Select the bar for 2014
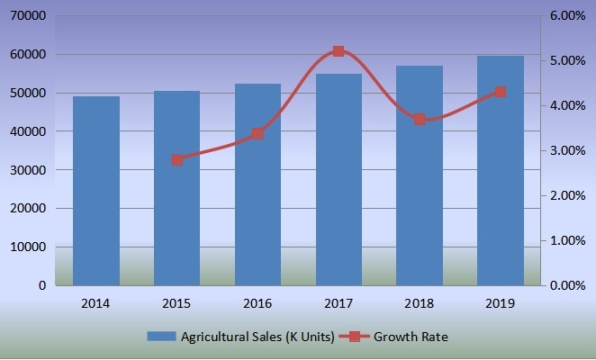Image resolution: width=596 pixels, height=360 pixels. [96, 191]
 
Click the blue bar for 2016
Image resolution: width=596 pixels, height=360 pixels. [257, 184]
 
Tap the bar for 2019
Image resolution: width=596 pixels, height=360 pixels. [501, 171]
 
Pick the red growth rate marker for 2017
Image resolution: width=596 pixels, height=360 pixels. [339, 51]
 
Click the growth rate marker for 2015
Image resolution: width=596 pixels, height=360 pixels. [177, 160]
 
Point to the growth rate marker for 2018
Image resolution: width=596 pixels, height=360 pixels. [420, 119]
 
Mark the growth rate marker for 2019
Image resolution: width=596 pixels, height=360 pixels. [501, 92]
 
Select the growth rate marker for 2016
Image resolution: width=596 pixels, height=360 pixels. [257, 133]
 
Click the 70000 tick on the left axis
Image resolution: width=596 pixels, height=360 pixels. [28, 16]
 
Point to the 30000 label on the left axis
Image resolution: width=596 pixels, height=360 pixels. [28, 170]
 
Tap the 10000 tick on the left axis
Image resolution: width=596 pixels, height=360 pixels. [28, 247]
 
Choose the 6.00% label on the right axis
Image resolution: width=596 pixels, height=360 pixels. [568, 16]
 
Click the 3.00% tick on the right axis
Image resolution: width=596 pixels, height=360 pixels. [568, 150]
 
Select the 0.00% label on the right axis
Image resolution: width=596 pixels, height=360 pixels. [568, 285]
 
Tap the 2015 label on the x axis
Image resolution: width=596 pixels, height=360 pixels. [177, 304]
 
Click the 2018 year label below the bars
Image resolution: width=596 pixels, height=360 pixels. [420, 304]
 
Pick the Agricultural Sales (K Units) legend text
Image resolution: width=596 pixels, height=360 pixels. [257, 337]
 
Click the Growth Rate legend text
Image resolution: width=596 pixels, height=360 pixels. [411, 337]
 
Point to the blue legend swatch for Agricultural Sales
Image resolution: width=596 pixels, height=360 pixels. [162, 337]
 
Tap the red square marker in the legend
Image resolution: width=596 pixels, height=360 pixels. [356, 337]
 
